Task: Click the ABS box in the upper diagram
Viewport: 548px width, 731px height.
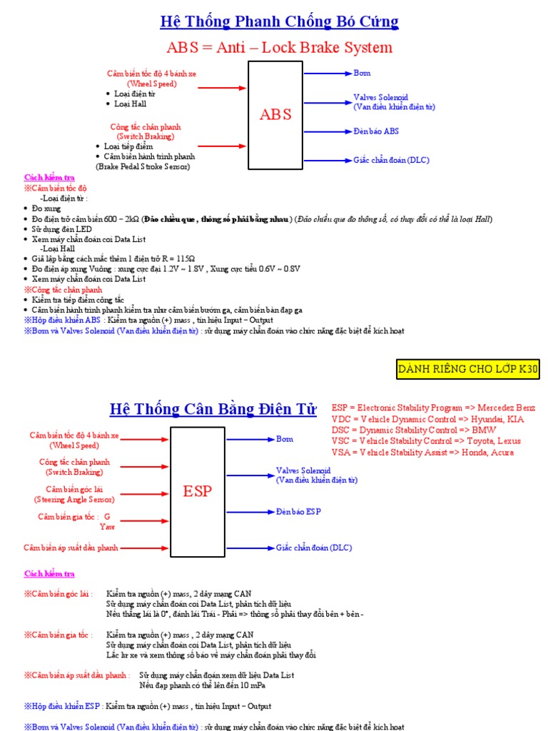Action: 275,115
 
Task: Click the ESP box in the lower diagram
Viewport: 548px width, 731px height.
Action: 198,490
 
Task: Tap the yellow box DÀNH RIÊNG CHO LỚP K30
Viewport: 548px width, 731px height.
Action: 468,370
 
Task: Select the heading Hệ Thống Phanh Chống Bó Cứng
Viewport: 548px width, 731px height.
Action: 279,22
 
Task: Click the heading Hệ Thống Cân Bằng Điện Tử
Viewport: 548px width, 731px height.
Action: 213,409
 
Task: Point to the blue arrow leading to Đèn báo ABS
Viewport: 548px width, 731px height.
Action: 328,131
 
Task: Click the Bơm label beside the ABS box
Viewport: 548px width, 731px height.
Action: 362,73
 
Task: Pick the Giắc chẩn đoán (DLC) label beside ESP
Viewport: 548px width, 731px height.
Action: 314,548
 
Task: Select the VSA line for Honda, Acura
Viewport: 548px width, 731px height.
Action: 432,453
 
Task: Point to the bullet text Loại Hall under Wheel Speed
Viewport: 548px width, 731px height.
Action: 130,104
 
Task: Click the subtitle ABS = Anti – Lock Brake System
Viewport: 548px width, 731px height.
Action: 279,48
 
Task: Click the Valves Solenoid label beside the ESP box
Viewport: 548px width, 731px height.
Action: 303,471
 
